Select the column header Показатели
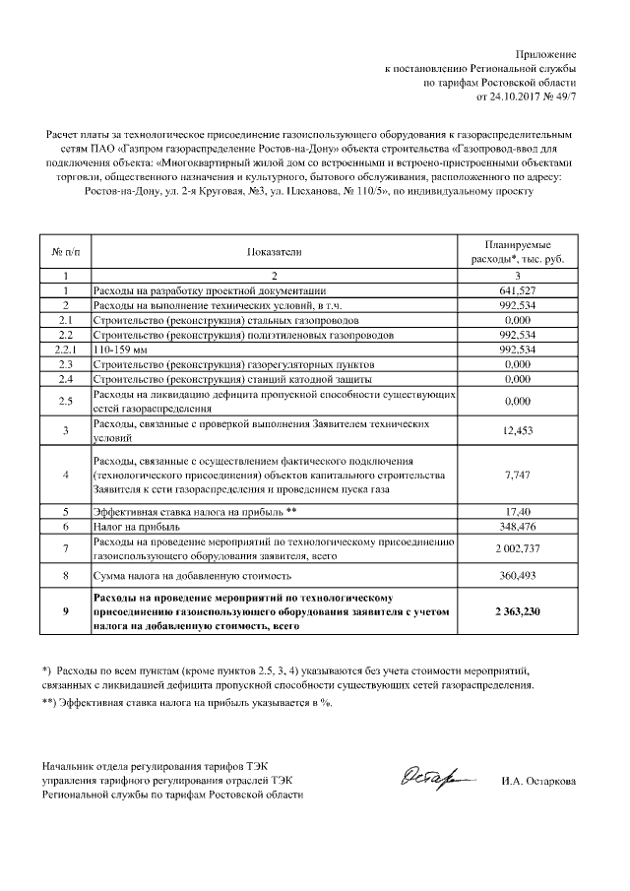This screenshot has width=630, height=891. click(x=274, y=252)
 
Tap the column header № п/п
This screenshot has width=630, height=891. click(x=65, y=252)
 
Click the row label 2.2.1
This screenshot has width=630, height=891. click(x=65, y=349)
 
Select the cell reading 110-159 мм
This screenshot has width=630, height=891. click(x=112, y=349)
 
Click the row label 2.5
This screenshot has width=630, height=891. click(x=65, y=400)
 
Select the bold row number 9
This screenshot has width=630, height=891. click(x=65, y=611)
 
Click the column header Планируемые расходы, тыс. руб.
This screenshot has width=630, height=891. click(x=517, y=252)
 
